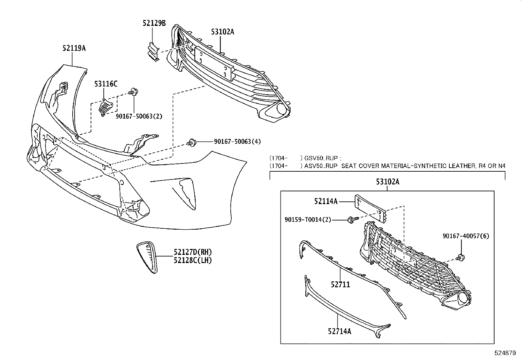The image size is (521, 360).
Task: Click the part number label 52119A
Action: coord(74,48)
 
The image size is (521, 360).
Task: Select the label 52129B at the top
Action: coord(154,23)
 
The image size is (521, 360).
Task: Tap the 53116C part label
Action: coord(106,84)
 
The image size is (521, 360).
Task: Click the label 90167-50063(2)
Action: coord(139,116)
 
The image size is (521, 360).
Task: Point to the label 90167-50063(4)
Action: coord(237,142)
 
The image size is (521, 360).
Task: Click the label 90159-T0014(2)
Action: coord(308,220)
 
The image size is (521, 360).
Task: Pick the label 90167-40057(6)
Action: coord(466,236)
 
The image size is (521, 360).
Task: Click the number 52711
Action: coord(340,285)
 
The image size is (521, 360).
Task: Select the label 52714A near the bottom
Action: coord(339,332)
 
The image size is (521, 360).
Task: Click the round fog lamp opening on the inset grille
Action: coord(463,298)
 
